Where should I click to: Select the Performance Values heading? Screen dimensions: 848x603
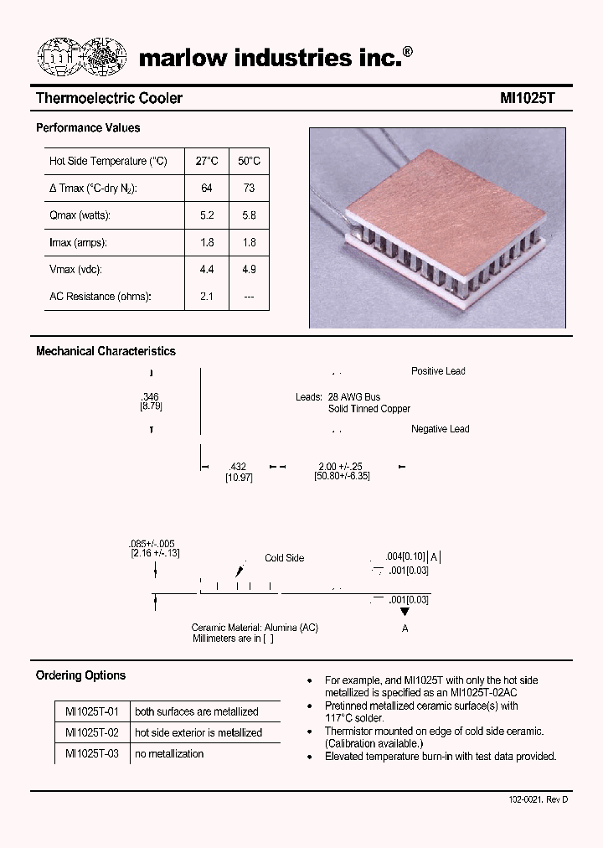click(88, 128)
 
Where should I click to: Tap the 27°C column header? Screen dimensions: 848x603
click(207, 161)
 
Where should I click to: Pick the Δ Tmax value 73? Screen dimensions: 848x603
click(249, 189)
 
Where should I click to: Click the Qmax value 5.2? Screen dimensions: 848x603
click(207, 215)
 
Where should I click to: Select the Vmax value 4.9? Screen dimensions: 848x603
click(249, 270)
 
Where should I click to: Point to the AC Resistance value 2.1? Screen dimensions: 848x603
click(207, 297)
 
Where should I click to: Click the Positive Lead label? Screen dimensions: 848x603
click(438, 371)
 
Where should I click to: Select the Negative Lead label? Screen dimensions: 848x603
click(440, 429)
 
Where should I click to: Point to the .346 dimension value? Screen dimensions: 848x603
click(151, 396)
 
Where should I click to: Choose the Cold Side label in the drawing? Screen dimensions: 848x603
click(284, 558)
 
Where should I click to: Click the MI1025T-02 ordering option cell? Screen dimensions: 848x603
click(92, 732)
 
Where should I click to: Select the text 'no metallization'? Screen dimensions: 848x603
click(169, 753)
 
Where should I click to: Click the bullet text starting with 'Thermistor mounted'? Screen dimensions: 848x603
click(434, 732)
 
